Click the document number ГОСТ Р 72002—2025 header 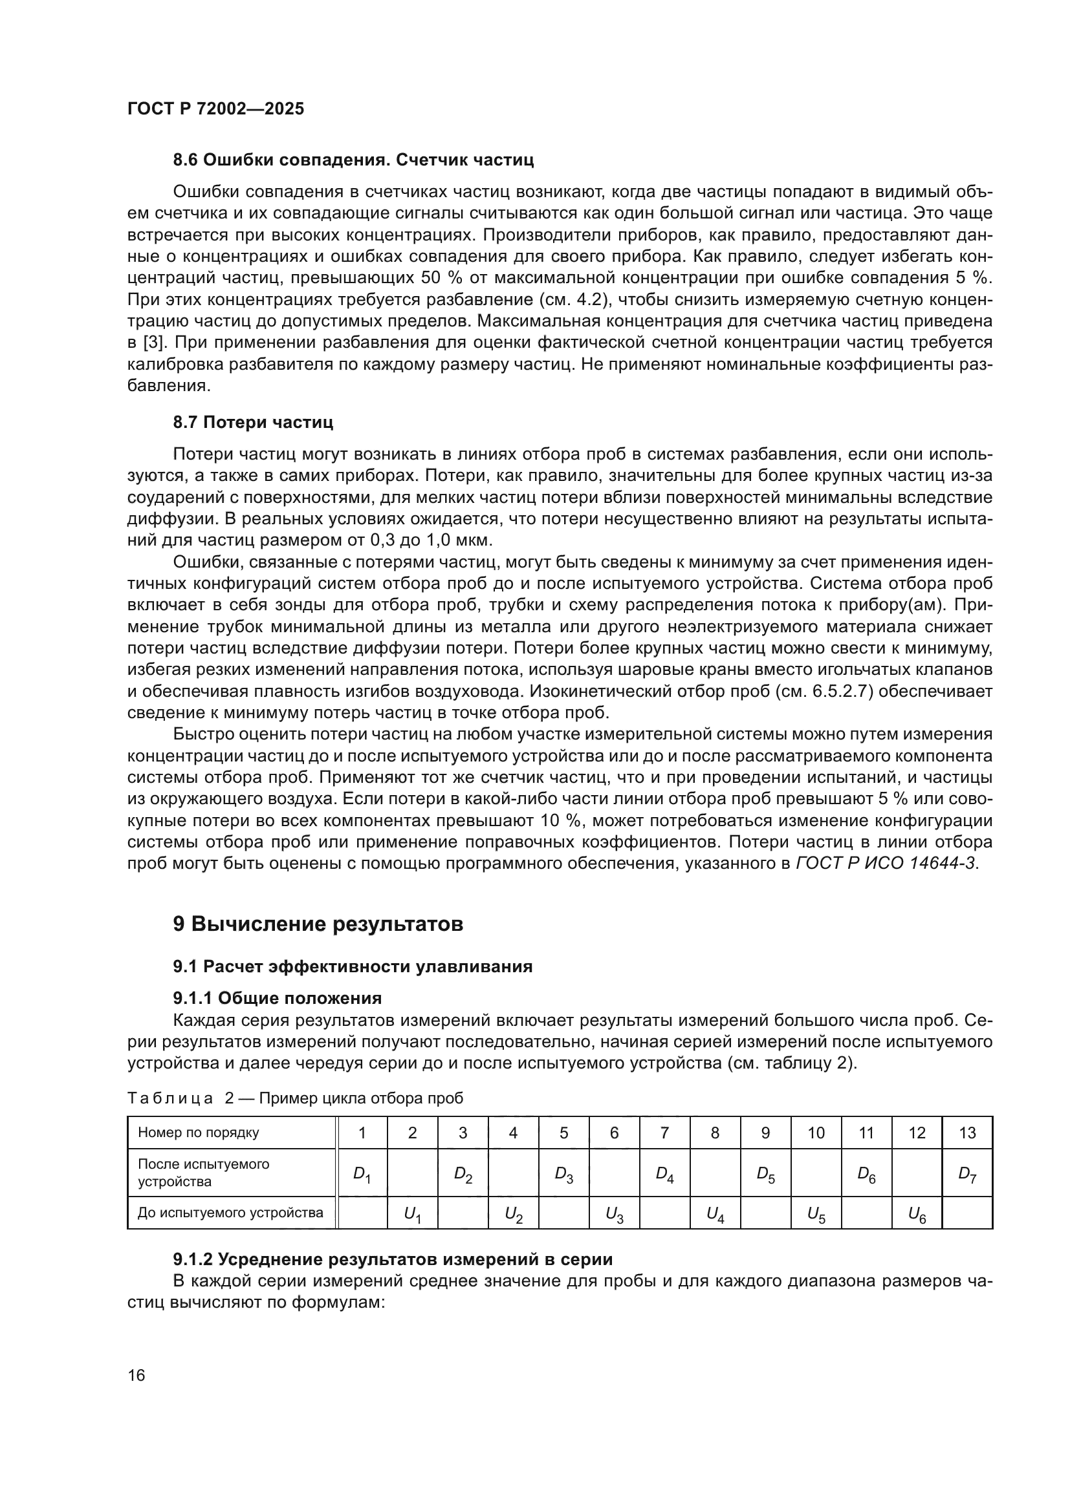click(x=215, y=109)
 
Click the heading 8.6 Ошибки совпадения click(x=353, y=160)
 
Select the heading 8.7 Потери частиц click(x=253, y=422)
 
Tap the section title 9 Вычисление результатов click(x=318, y=924)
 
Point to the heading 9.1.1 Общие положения click(x=278, y=998)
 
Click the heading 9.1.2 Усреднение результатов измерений click(x=393, y=1260)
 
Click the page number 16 click(x=136, y=1376)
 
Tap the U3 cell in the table click(x=614, y=1214)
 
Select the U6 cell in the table click(x=917, y=1214)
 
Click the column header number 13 click(x=967, y=1133)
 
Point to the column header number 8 click(x=715, y=1133)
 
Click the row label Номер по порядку click(x=199, y=1133)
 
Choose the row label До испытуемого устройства click(x=230, y=1213)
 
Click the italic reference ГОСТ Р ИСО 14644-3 click(x=886, y=864)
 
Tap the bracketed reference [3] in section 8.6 click(x=153, y=343)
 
